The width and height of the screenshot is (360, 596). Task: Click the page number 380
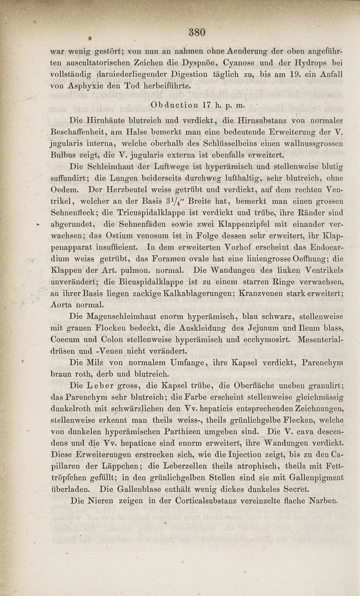(197, 32)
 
